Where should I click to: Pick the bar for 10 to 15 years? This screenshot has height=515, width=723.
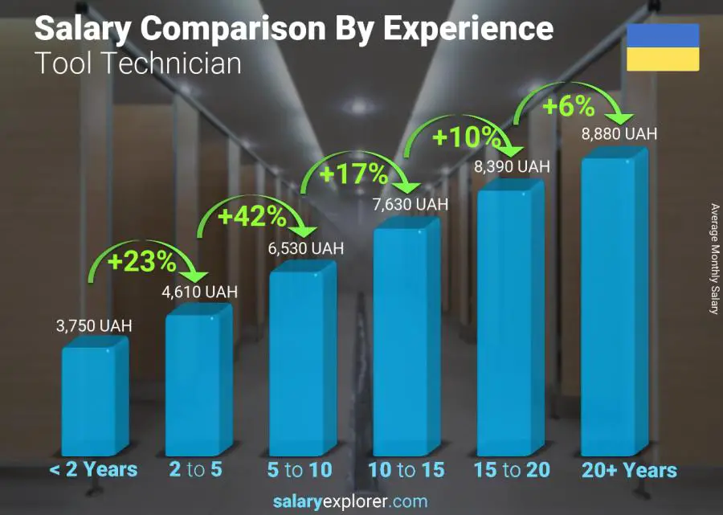point(406,341)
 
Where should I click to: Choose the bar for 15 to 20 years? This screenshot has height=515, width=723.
point(510,321)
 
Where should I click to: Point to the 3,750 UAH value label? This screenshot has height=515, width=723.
point(94,326)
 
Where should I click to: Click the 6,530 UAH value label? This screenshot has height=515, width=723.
point(305,249)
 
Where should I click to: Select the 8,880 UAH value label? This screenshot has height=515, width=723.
point(619,133)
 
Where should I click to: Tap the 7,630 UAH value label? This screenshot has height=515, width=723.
point(410,205)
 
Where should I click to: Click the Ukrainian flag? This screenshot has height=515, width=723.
point(663,47)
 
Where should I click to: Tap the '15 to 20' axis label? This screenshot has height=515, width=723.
point(511,470)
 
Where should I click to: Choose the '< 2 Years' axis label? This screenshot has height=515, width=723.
point(93,470)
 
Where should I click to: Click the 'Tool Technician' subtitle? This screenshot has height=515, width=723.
point(137,63)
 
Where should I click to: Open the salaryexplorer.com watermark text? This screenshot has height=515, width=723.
point(350,502)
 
